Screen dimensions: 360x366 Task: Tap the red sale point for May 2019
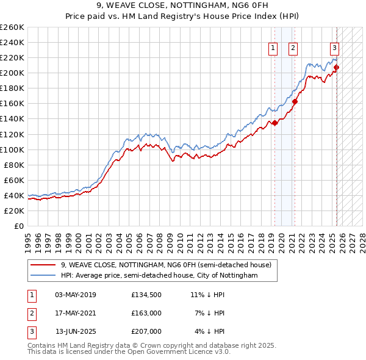tap(274, 123)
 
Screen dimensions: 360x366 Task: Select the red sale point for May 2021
tap(295, 101)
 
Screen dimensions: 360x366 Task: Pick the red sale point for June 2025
tap(337, 67)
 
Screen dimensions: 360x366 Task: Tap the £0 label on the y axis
tap(19, 226)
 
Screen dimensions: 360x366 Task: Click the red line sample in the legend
tap(42, 265)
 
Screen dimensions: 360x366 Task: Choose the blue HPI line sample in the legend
tap(42, 275)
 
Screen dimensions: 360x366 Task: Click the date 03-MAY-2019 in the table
tap(75, 295)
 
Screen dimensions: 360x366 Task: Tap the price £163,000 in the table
tap(146, 313)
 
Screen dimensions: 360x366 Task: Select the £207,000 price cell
tap(146, 331)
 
